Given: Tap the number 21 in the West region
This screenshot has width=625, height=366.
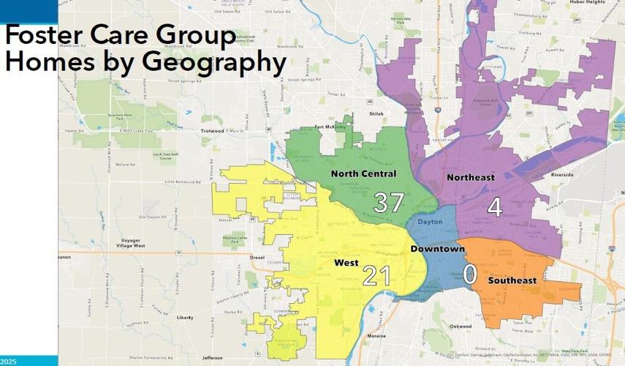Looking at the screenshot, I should pos(376,275).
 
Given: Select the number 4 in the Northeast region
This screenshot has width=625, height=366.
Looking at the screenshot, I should pos(495,207).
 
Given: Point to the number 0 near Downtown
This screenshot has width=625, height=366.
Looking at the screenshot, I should pos(470,274).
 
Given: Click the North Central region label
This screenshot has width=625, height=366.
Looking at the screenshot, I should pos(363,173).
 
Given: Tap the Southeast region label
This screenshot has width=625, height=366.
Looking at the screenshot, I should pos(512,280).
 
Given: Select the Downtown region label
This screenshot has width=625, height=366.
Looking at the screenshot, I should pos(437,250).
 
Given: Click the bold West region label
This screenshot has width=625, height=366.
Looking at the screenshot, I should pos(346,262).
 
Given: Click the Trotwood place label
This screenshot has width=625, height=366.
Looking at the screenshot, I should pos(215,131).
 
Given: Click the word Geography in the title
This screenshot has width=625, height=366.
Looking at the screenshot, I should pos(197,63).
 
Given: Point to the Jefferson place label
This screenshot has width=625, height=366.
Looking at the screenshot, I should pos(212,358).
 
